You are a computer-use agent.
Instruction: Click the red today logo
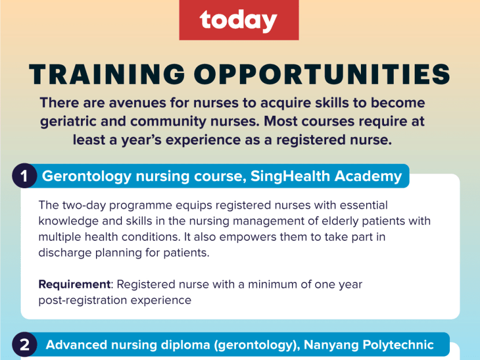tap(239, 20)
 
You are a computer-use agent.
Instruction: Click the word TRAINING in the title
tap(107, 74)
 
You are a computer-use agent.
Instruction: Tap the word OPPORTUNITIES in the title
tap(322, 74)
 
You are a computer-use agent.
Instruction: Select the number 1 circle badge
tap(24, 176)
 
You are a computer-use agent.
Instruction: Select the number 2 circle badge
tap(24, 345)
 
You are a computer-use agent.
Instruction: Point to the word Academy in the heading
tap(368, 177)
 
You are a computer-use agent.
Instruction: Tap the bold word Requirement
tap(75, 285)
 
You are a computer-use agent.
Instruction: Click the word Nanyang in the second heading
tap(331, 345)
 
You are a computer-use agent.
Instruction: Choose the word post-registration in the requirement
tap(82, 300)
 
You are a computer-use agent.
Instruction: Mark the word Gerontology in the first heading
tap(86, 177)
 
